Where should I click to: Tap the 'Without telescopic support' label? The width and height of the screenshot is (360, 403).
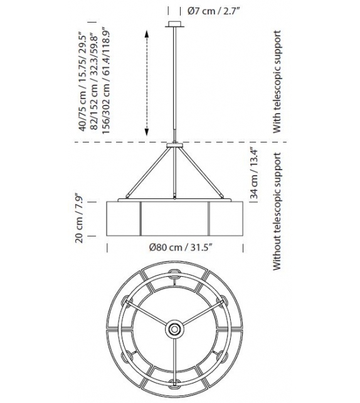[276, 211]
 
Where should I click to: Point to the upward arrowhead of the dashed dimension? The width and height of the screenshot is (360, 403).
[146, 33]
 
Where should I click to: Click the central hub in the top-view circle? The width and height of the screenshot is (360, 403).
[174, 328]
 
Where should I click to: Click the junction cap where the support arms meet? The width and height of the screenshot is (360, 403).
[174, 147]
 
